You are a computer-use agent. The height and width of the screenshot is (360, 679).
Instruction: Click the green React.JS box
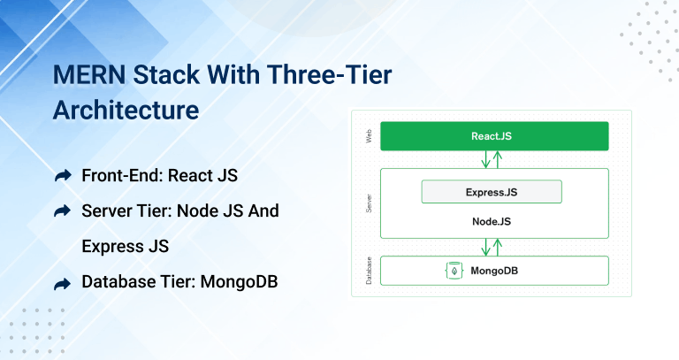coord(494,136)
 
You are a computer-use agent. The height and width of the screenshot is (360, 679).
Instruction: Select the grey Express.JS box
coord(491,191)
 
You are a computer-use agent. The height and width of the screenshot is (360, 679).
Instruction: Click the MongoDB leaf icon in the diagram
coord(455,271)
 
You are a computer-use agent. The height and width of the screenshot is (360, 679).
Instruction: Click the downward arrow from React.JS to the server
coord(484,159)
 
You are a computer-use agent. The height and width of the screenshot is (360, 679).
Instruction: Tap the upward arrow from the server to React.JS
coord(498,159)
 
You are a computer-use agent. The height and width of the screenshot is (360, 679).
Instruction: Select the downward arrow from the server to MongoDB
coord(484,248)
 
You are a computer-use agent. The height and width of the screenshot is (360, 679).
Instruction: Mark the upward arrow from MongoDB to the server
coord(498,248)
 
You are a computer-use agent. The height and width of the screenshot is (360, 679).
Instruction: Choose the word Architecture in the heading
coord(126,111)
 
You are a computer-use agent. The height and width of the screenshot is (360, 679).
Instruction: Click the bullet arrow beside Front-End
coord(62,176)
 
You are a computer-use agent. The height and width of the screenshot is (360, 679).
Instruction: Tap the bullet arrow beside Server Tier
coord(62,211)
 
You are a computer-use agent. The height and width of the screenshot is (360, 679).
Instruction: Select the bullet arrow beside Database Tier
coord(62,283)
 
